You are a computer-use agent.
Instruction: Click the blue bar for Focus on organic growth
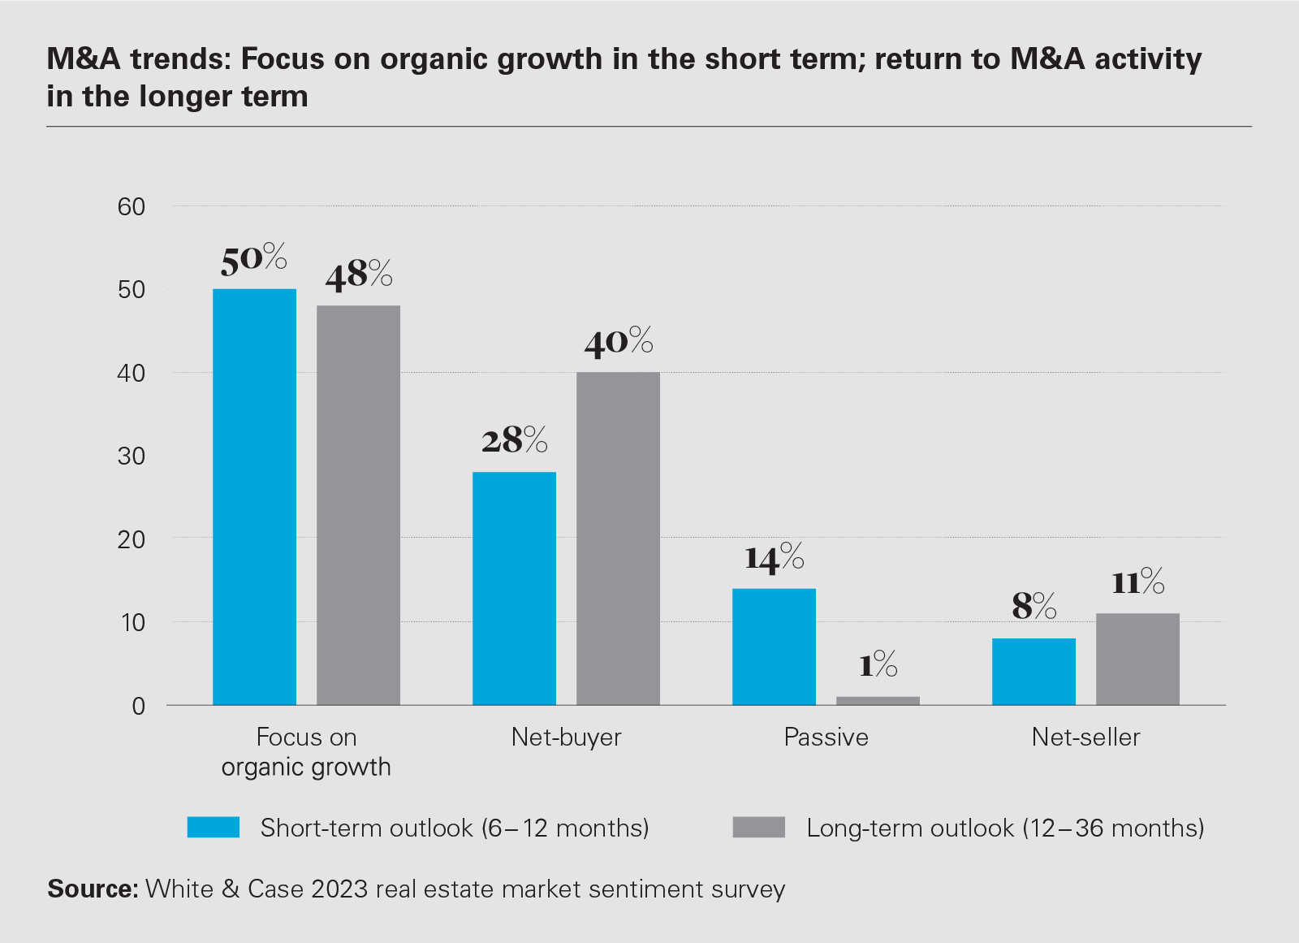pos(254,496)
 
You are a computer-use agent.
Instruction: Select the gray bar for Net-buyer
pos(618,539)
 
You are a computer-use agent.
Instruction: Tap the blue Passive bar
pos(774,647)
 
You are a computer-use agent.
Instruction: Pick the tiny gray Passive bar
pos(878,700)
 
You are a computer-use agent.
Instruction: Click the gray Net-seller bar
pos(1137,659)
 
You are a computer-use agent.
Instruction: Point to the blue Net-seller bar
pos(1034,672)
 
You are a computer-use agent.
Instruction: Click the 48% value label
pos(359,275)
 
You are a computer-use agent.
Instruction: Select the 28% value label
pos(514,440)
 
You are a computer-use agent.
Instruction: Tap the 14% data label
pos(774,558)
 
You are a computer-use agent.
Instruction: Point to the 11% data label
pos(1137,582)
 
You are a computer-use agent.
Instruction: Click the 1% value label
pos(878,665)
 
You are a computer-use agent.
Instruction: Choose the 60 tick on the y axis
pos(132,207)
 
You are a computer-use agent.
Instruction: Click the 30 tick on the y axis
pos(132,456)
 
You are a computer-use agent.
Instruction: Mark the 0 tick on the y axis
pos(139,706)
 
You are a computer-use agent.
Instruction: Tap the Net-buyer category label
pos(566,738)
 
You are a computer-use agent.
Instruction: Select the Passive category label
pos(826,738)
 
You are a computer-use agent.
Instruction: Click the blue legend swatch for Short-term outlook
pos(214,827)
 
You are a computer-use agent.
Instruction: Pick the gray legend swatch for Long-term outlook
pos(758,827)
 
